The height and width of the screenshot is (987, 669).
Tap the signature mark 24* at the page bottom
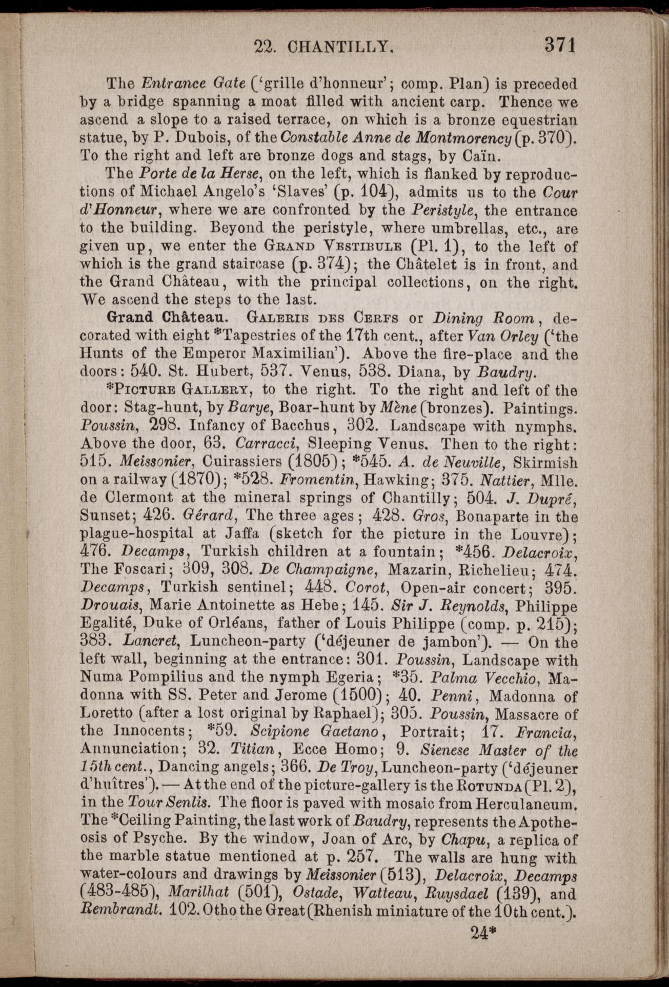[484, 932]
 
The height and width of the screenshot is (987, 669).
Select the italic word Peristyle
[441, 210]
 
